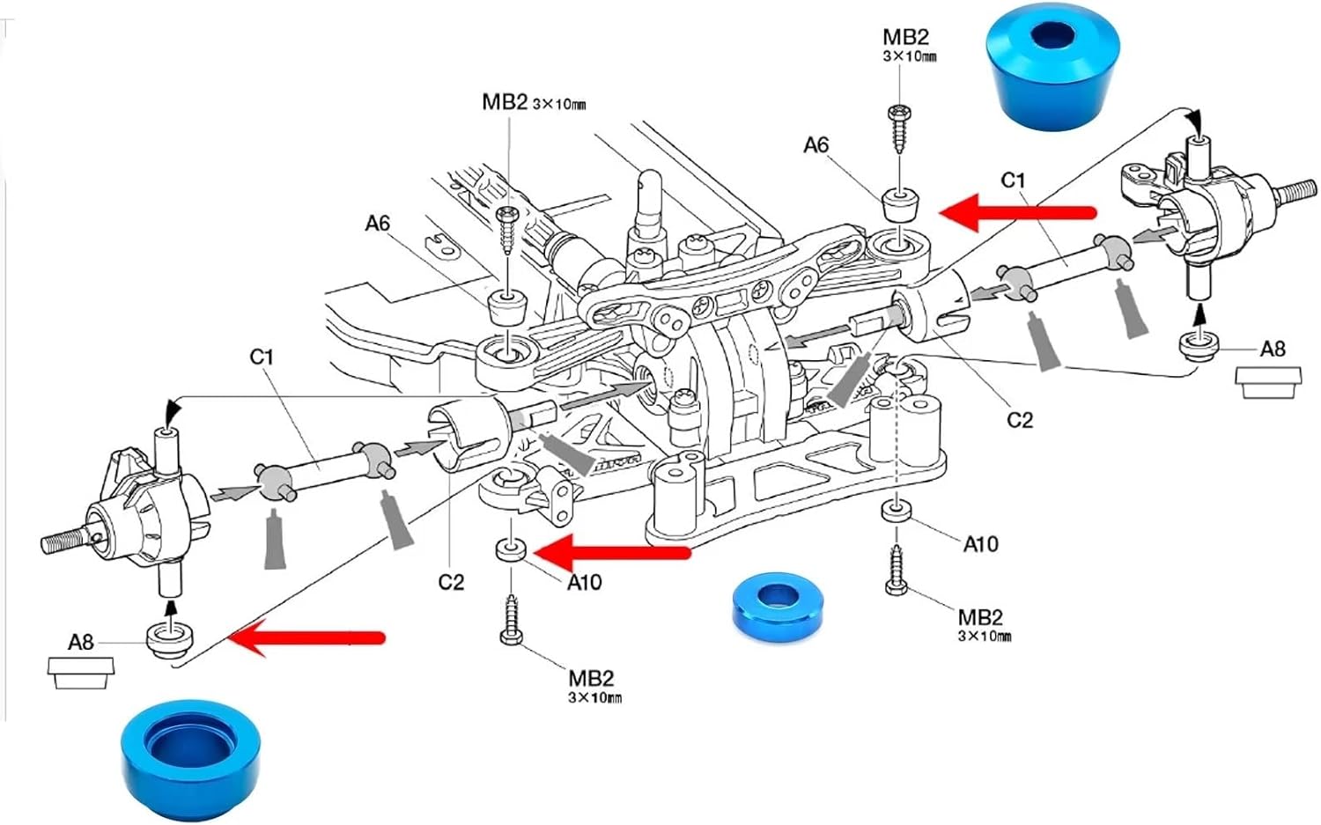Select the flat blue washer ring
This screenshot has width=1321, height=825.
coord(778,607)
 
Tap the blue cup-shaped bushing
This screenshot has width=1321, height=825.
coord(191,760)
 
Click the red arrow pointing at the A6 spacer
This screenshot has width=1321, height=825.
coord(1017,213)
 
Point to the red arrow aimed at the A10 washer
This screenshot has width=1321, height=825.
coord(611,553)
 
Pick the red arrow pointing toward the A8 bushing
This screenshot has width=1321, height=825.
coord(307,638)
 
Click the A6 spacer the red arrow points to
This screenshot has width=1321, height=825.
coord(901,204)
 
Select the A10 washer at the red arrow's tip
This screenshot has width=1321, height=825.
coord(512,549)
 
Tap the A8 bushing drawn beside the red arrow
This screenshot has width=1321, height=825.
coord(171,642)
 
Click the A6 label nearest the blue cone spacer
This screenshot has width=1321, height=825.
coord(816,145)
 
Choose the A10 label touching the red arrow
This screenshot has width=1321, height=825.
coord(584,582)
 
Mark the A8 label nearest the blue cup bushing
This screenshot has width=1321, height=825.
coord(81,642)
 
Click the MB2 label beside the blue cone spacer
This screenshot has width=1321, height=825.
coord(906,37)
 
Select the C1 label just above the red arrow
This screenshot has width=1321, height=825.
coord(1013,180)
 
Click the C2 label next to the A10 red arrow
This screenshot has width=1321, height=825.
coord(451,583)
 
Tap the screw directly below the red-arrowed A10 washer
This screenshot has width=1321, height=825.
coord(511,620)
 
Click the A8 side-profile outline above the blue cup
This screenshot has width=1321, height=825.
coord(81,673)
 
